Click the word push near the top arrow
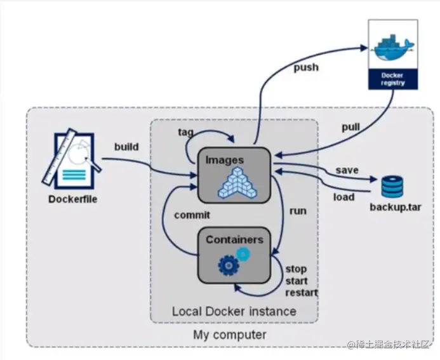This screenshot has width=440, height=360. coord(305,67)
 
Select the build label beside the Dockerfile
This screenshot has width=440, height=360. coord(127,147)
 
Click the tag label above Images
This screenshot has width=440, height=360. coord(186,132)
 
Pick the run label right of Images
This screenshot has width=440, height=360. coord(298,210)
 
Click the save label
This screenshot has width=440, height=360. coord(347,170)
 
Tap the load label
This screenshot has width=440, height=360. coord(343,197)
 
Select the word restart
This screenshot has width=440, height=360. coord(302,293)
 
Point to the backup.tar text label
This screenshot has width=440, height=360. coord(396,208)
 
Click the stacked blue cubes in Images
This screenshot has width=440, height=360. coord(235,182)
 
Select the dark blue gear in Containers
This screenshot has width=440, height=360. coord(228,265)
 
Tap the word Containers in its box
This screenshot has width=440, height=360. coord(234,239)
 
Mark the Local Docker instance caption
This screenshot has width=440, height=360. coord(234,312)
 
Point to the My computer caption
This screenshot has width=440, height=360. coord(230,334)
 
